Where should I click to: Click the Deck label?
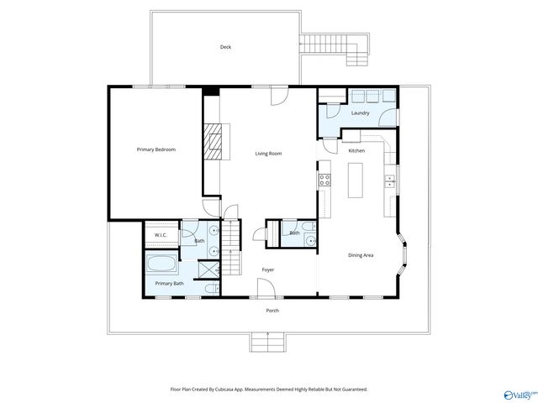tap(225, 47)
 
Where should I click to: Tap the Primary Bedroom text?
tap(156, 149)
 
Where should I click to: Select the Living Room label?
tap(268, 154)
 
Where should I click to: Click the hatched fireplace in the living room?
tap(215, 141)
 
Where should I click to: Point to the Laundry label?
tap(361, 113)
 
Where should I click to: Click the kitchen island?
tap(356, 180)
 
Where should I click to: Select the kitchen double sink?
tap(389, 179)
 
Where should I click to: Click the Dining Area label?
tap(361, 255)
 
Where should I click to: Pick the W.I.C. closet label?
tap(161, 235)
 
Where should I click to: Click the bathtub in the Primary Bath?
tap(161, 265)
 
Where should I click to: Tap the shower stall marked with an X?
tap(206, 270)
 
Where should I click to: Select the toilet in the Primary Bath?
tap(213, 289)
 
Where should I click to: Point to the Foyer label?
tap(267, 270)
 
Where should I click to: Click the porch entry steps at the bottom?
tap(267, 342)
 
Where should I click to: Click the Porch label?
tap(272, 311)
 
